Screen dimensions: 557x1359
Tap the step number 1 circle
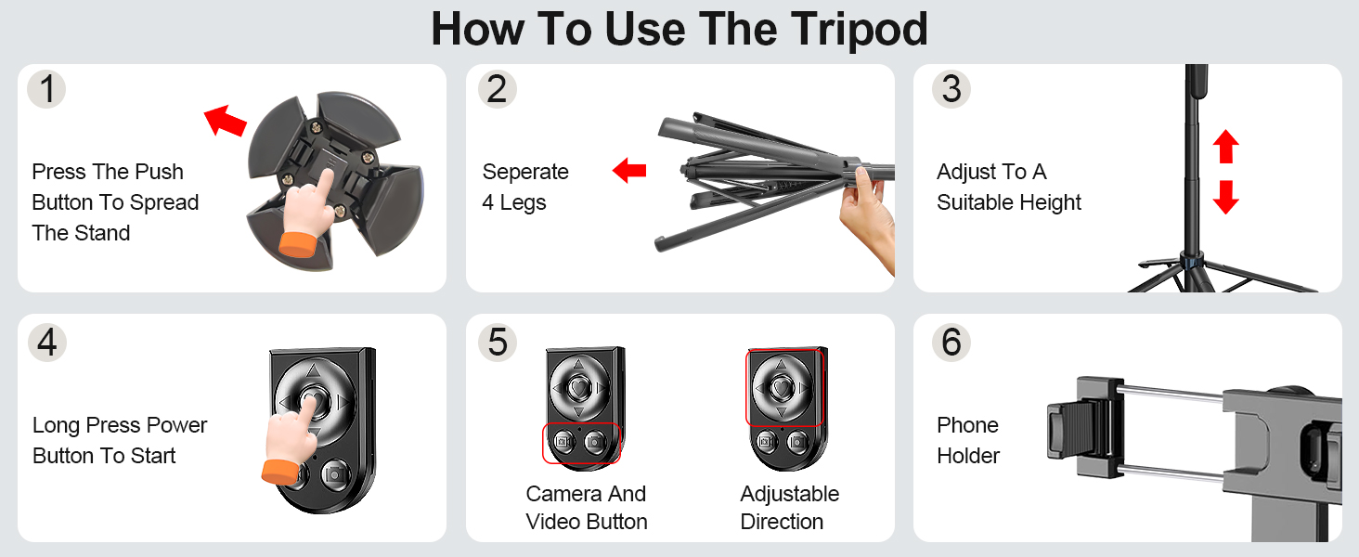[46, 89]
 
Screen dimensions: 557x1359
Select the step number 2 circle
[498, 89]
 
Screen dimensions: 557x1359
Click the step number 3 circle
[951, 89]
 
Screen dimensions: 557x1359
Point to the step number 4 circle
[46, 343]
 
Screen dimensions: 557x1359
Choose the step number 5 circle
[498, 343]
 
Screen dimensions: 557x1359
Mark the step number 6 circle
[951, 343]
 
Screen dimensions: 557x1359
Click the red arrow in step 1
[225, 121]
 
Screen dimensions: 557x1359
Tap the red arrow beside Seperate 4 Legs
[629, 170]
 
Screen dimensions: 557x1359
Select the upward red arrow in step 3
[1226, 147]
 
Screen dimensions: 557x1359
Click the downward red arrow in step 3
[1226, 197]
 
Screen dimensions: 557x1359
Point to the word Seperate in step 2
[525, 172]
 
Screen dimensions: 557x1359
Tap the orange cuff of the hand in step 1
[297, 247]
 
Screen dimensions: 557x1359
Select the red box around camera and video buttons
[580, 443]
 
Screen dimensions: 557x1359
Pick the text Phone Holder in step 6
[968, 440]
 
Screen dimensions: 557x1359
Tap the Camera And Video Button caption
[586, 508]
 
